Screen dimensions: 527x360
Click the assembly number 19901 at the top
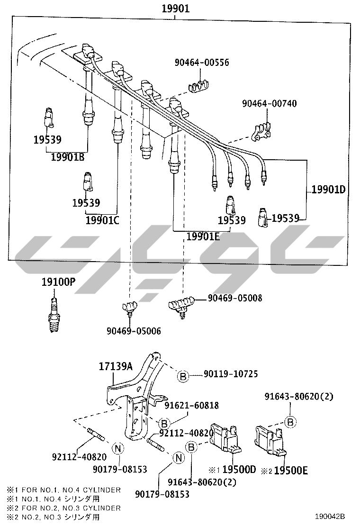point(175,8)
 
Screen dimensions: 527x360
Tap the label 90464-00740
point(269,103)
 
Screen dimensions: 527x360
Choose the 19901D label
point(329,190)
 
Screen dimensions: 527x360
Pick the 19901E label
point(203,236)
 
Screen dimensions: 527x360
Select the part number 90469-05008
point(234,298)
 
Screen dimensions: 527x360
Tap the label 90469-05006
point(134,331)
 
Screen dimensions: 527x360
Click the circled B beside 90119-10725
point(183,376)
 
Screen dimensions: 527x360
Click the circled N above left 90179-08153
point(118,449)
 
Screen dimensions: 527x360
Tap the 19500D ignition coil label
point(238,470)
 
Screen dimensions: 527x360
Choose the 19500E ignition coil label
point(291,470)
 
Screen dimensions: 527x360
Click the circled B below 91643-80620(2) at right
point(290,421)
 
